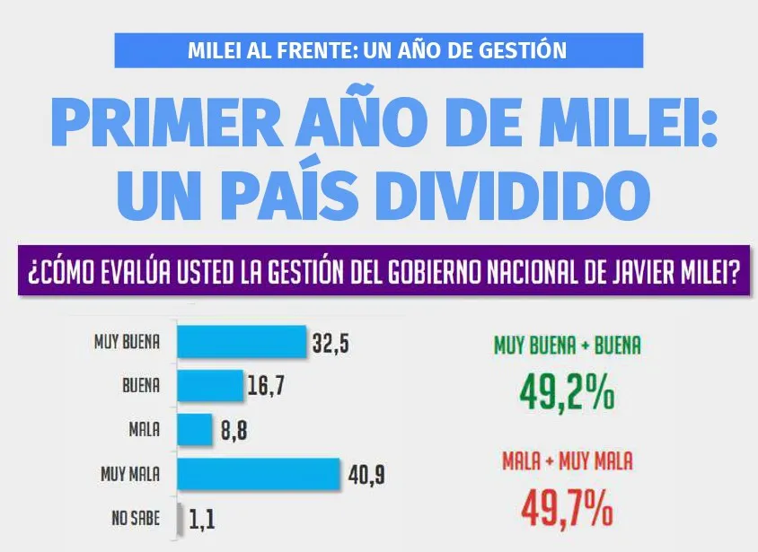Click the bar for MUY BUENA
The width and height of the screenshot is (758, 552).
[242, 342]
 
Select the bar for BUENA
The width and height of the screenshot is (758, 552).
[210, 386]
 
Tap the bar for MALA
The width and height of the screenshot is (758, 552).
[194, 430]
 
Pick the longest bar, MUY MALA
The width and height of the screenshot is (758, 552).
[259, 473]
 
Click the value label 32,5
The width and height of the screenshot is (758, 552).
[331, 344]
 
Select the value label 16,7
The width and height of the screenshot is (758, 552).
[267, 388]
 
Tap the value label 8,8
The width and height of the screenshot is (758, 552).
[233, 431]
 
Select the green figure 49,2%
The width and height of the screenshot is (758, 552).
[567, 391]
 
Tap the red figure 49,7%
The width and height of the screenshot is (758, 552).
[567, 507]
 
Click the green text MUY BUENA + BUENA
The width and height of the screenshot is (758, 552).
[568, 346]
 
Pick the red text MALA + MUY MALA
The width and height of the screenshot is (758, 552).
[568, 462]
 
